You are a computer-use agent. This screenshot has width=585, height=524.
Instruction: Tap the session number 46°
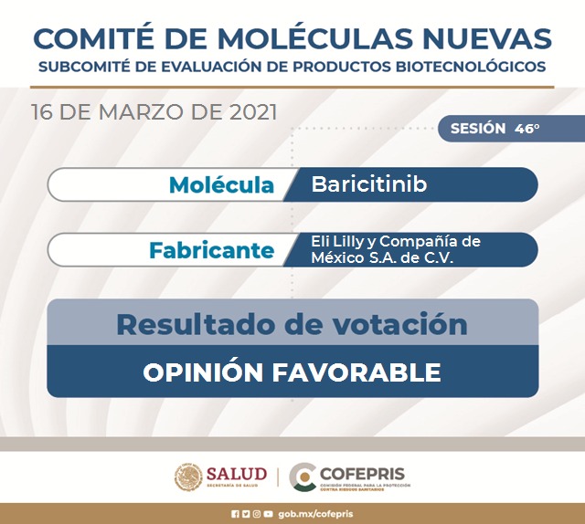pyautogui.click(x=526, y=129)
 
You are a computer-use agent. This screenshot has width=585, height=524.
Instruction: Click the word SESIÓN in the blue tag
pyautogui.click(x=478, y=129)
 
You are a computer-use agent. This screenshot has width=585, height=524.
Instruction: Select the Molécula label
pyautogui.click(x=221, y=185)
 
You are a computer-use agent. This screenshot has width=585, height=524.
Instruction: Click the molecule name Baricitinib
pyautogui.click(x=369, y=184)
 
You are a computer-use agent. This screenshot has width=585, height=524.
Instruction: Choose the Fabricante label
pyautogui.click(x=211, y=250)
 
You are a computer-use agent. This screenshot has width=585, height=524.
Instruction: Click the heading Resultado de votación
pyautogui.click(x=292, y=324)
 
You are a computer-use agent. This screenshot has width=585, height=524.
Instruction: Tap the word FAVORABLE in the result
pyautogui.click(x=366, y=372)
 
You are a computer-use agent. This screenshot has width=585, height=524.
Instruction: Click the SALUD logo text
pyautogui.click(x=236, y=474)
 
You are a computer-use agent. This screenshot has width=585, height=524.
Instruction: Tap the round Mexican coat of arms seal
pyautogui.click(x=189, y=477)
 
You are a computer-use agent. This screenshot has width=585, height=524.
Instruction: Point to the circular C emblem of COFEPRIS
pyautogui.click(x=303, y=477)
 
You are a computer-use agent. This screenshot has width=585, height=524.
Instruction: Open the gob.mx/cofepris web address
pyautogui.click(x=314, y=514)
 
